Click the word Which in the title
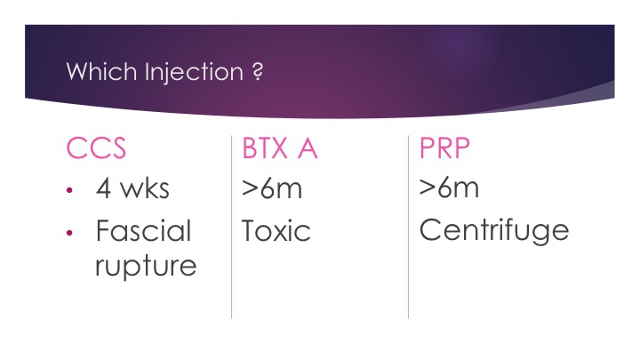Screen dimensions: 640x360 [x=101, y=71]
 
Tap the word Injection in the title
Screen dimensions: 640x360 [x=195, y=73]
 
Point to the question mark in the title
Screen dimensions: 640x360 [x=258, y=71]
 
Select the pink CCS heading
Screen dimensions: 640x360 [x=96, y=148]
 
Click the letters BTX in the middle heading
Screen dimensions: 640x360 [x=265, y=148]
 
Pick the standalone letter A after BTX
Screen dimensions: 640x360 [x=308, y=148]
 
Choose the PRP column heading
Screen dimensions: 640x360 [x=444, y=148]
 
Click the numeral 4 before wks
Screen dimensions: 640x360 [x=104, y=188]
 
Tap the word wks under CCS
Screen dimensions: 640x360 [x=145, y=188]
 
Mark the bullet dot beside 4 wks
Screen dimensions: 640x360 [x=69, y=190]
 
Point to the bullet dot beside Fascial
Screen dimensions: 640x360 [x=69, y=233]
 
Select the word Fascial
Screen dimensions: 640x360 [x=144, y=230]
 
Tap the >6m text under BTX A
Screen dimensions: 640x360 [x=272, y=188]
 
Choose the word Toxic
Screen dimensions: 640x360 [x=276, y=231]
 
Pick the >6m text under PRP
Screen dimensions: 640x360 [x=449, y=188]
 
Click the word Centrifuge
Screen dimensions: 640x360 [x=494, y=231]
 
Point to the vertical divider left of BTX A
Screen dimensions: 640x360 [x=231, y=227]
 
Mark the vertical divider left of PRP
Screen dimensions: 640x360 [x=409, y=227]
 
